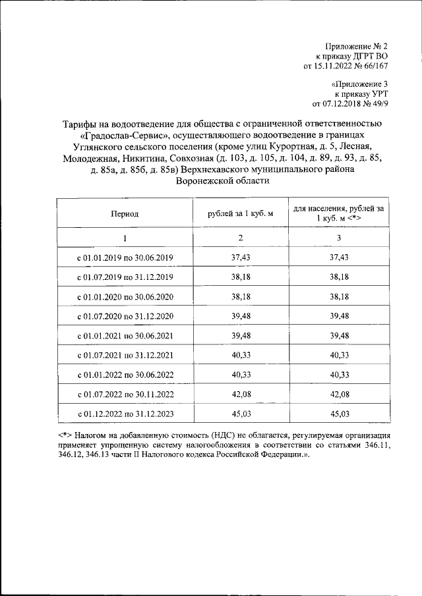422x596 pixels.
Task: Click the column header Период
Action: (x=125, y=213)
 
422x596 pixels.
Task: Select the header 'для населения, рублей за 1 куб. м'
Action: (x=338, y=213)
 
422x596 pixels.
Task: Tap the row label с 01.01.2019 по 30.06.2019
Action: (x=125, y=257)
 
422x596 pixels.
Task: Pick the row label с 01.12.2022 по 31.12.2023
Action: (x=125, y=414)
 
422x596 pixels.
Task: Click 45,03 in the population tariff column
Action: (x=338, y=414)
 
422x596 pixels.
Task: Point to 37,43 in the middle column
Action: (x=241, y=257)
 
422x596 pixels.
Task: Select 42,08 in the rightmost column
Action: (x=338, y=394)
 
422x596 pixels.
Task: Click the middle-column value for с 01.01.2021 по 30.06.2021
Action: (x=241, y=336)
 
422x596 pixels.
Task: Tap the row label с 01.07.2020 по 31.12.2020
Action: (x=125, y=316)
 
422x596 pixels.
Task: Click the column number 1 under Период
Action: (x=125, y=238)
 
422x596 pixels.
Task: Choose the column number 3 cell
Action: (x=338, y=238)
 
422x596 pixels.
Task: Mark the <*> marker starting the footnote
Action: (x=65, y=436)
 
